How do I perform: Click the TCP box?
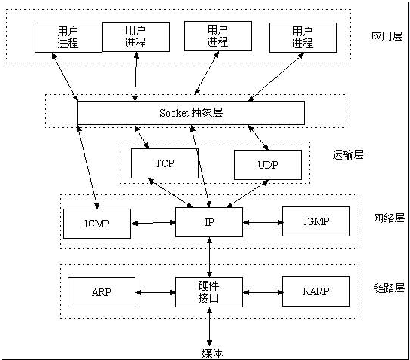(164, 163)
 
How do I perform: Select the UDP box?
(267, 165)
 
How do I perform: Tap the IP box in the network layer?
(209, 222)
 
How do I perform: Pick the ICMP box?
(97, 222)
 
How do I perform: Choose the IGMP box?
(316, 221)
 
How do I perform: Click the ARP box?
(102, 291)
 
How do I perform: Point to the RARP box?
(316, 291)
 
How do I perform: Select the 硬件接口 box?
(209, 291)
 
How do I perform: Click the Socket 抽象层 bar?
(191, 113)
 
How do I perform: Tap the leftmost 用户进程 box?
(68, 37)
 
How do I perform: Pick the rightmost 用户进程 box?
(302, 37)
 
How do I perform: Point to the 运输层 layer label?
(348, 154)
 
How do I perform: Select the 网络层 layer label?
(389, 218)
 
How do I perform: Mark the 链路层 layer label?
(389, 288)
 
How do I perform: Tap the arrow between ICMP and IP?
(153, 223)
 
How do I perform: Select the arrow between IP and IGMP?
(263, 222)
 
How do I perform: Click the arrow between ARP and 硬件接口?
(155, 292)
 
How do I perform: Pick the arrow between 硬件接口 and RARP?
(263, 292)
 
